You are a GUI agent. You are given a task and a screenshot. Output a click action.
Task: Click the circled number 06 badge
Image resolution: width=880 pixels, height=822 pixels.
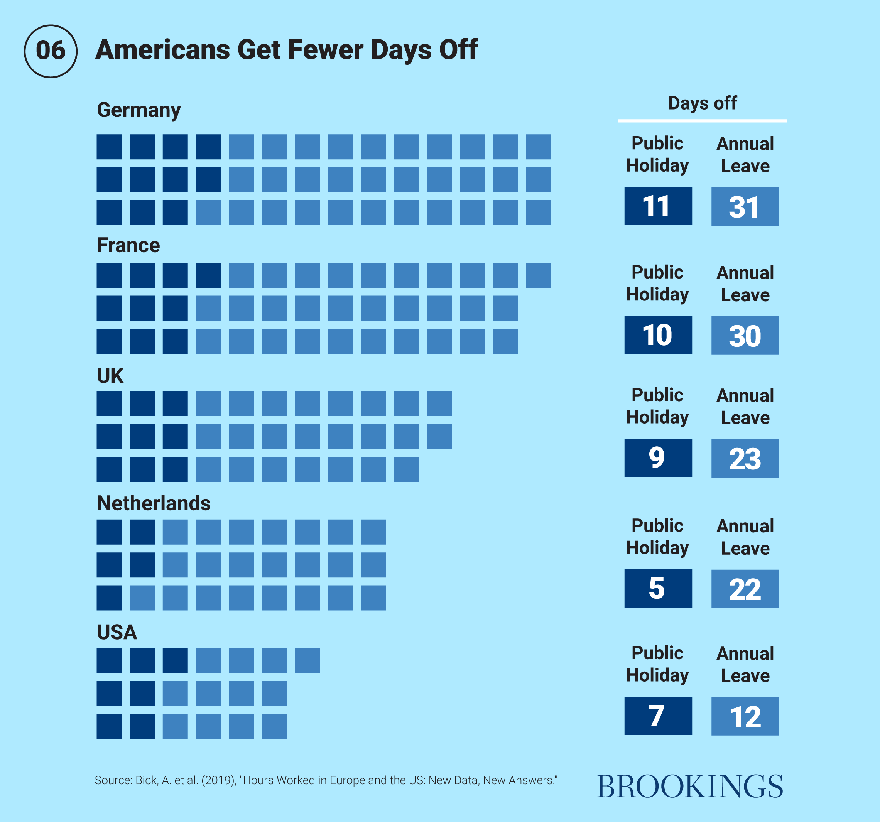click(x=51, y=51)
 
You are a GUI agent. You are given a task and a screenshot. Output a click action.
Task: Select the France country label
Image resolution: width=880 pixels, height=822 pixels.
click(x=128, y=245)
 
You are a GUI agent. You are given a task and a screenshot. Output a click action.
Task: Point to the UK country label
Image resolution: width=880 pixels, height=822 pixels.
click(x=110, y=375)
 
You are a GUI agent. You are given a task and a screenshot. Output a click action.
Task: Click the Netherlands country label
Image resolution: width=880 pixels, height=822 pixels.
click(x=154, y=503)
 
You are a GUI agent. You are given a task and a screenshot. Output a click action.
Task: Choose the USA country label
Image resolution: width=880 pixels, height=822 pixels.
click(x=117, y=632)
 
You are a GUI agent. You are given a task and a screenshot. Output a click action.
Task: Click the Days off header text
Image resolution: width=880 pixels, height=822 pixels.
click(x=702, y=103)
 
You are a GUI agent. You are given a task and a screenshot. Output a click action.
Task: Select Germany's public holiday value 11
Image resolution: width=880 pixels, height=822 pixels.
click(x=658, y=206)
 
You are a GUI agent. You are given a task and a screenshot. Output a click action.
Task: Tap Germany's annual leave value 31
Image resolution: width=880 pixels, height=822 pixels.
click(x=745, y=206)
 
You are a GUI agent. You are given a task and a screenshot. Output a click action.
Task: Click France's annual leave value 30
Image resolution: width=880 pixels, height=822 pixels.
click(x=745, y=335)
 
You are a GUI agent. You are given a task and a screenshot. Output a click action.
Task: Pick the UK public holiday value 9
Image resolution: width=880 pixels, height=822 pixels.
click(x=658, y=458)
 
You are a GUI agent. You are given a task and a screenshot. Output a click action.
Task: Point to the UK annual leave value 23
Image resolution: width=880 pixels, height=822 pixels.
click(x=745, y=458)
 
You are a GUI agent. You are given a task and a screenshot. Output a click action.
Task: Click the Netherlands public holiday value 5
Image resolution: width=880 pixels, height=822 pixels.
click(x=658, y=588)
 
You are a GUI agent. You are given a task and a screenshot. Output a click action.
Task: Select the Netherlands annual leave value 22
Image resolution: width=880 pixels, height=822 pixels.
click(x=745, y=589)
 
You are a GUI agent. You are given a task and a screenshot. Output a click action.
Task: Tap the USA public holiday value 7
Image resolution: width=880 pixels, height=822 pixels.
click(x=658, y=716)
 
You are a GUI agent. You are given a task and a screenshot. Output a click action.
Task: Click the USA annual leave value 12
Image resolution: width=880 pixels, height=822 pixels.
click(x=745, y=716)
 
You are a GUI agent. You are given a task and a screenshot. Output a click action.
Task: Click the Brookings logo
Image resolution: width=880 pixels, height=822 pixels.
click(x=690, y=786)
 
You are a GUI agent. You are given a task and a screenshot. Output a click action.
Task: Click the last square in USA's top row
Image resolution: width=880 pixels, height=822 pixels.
click(x=307, y=660)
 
